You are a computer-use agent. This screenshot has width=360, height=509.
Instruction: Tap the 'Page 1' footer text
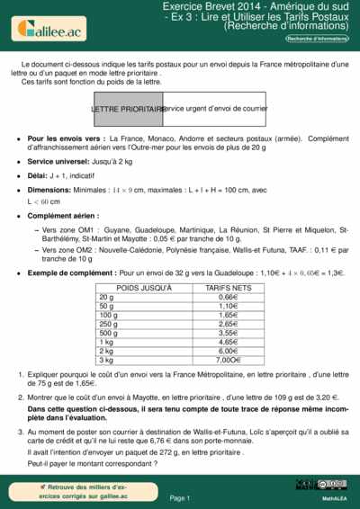[179, 497]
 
